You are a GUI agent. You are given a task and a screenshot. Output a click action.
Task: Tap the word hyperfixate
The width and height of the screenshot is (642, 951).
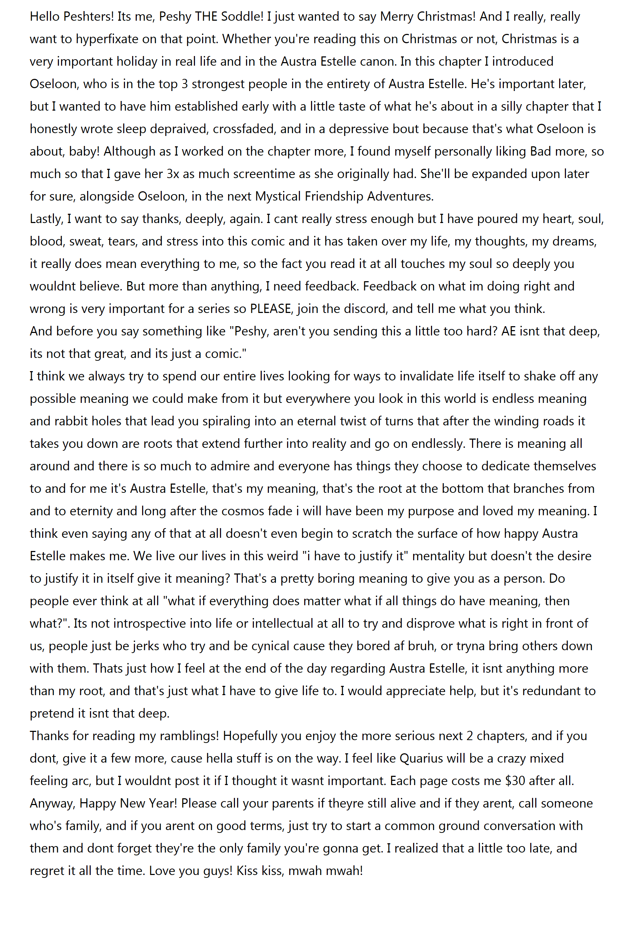(107, 39)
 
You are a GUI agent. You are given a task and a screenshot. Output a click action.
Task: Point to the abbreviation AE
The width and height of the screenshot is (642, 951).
(508, 331)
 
